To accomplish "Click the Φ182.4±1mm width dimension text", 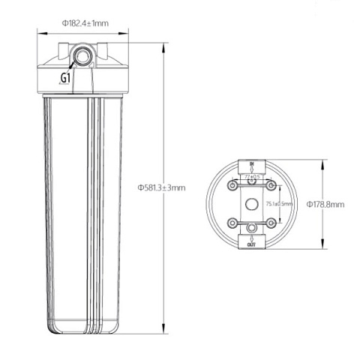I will coord(85,23).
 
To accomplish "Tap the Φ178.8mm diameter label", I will coord(325,203).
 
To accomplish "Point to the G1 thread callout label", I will coord(65,77).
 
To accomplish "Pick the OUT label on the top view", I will coord(252,244).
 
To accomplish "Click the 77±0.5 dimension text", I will coord(252,178).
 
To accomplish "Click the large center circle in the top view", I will coord(252,203).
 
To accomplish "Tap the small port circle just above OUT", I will coord(252,227).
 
